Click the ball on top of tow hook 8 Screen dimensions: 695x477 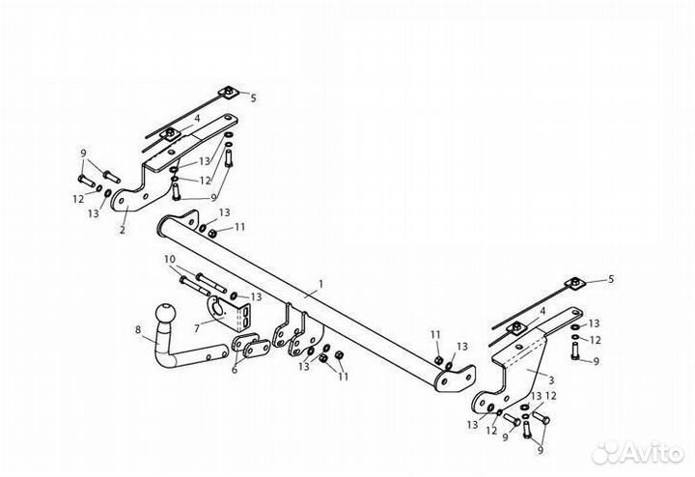click(x=166, y=314)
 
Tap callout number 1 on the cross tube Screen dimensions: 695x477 click(x=320, y=283)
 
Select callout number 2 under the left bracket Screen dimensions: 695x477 click(x=123, y=230)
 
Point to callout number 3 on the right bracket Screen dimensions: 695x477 click(x=551, y=379)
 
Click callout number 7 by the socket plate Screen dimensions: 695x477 click(x=197, y=328)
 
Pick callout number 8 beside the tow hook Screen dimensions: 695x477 click(x=138, y=329)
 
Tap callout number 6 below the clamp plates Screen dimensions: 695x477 click(x=235, y=369)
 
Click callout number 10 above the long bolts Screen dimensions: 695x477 click(x=170, y=259)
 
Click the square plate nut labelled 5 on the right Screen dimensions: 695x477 click(x=575, y=282)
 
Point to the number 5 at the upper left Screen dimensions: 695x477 click(x=253, y=98)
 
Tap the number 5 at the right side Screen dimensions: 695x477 click(x=611, y=279)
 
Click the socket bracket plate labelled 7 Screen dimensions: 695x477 click(x=228, y=313)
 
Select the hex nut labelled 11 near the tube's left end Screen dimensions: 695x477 click(x=212, y=233)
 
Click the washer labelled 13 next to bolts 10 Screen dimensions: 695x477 click(x=234, y=295)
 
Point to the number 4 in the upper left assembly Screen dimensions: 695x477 click(x=197, y=119)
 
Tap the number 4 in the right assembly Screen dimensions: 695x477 click(x=542, y=311)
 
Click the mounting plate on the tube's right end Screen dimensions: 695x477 click(x=456, y=379)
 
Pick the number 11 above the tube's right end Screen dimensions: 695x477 click(x=435, y=335)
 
